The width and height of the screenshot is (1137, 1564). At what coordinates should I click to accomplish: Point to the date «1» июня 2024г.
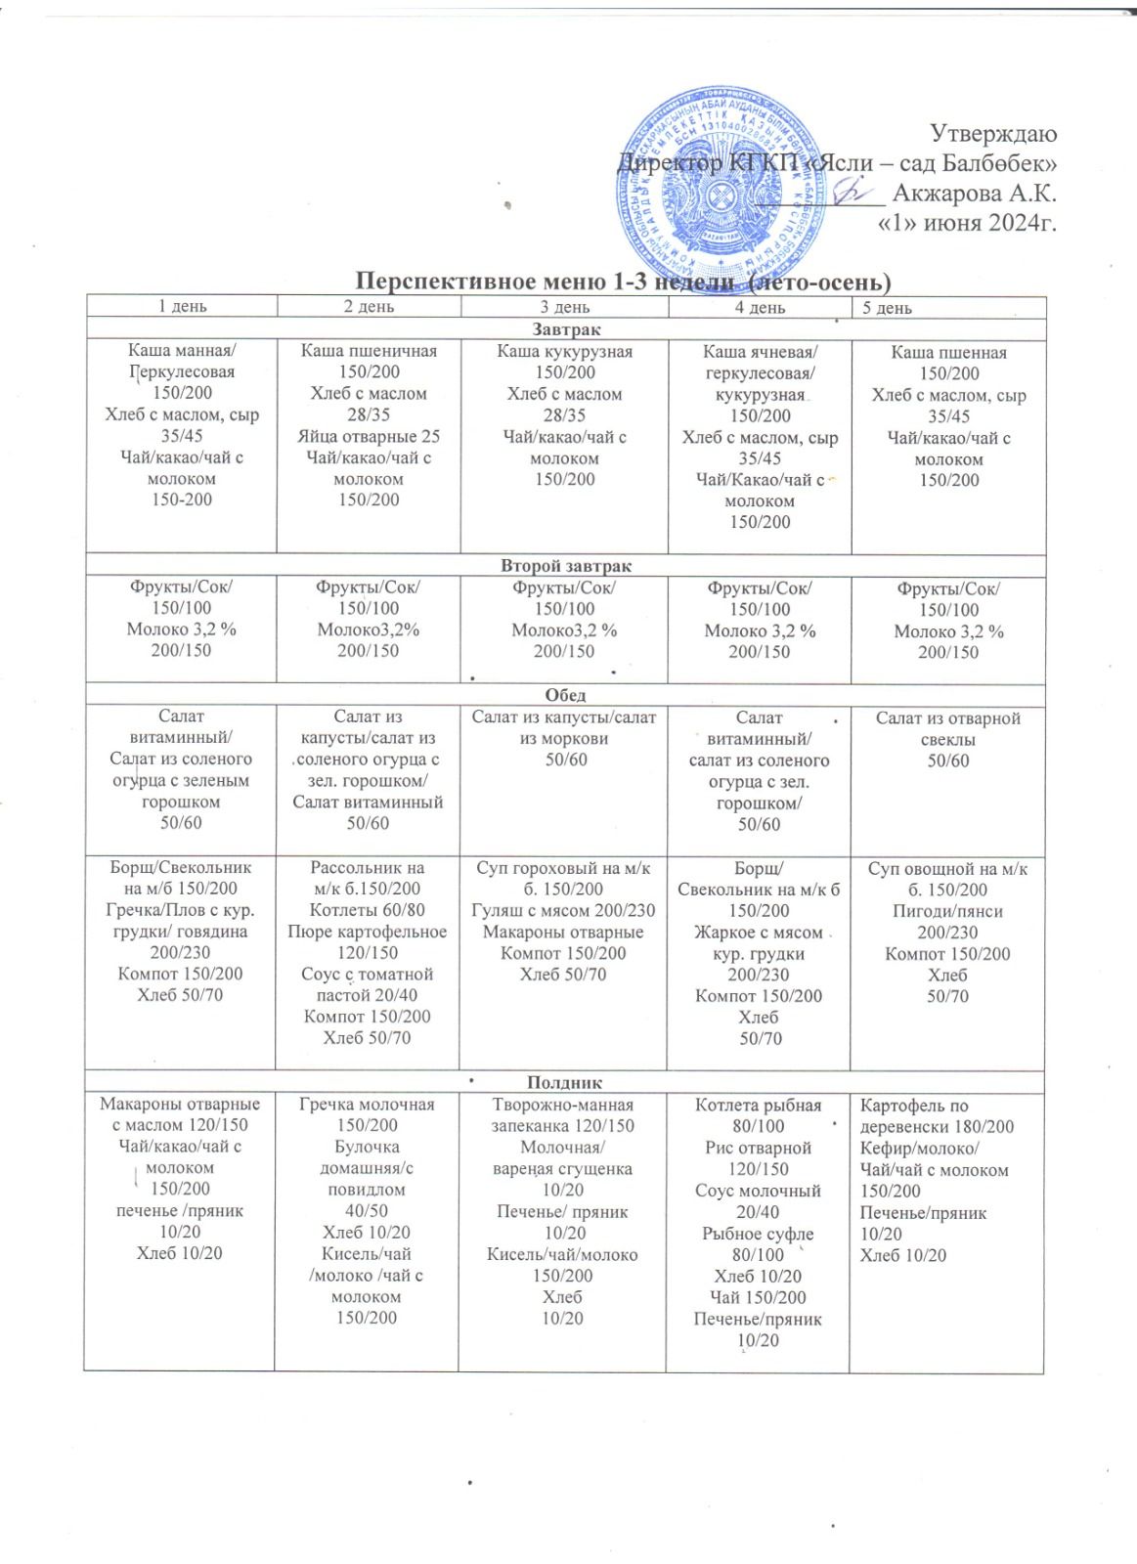pos(969,223)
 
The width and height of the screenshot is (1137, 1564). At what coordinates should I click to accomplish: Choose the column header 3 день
pos(564,307)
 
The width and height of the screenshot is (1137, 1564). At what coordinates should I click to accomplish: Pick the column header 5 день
pos(887,308)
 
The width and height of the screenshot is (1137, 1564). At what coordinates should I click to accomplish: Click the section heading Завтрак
pos(566,329)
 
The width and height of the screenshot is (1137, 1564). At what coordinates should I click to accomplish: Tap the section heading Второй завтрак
pos(566,566)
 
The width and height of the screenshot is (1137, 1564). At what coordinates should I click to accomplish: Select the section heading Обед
pos(565,695)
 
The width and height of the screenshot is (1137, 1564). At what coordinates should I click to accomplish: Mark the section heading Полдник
pos(564,1082)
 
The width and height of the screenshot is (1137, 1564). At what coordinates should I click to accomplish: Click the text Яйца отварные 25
pos(368,436)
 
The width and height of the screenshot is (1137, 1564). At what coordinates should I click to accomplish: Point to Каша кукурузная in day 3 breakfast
pos(564,352)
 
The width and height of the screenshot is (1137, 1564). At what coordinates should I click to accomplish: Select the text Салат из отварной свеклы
pos(947,728)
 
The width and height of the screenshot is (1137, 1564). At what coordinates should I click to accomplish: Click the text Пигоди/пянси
pos(947,911)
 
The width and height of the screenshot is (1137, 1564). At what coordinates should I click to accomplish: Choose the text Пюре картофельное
pos(367,932)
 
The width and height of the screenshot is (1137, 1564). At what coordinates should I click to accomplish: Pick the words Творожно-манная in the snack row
pos(563,1105)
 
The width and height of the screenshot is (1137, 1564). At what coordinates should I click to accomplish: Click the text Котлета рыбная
pos(758,1106)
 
